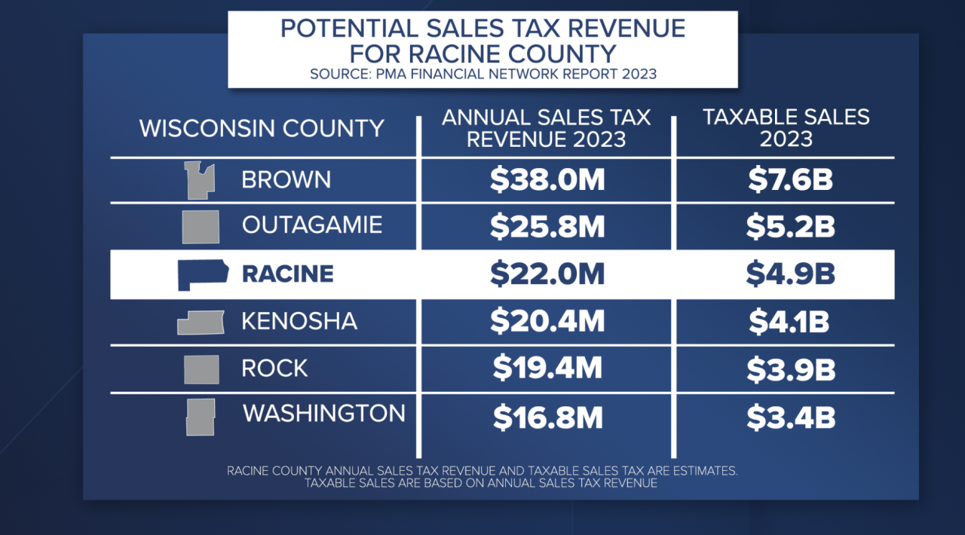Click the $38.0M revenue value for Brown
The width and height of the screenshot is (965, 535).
point(547,180)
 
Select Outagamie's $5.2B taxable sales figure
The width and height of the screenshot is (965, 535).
point(790,226)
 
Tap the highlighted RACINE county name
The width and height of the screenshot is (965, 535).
point(287,274)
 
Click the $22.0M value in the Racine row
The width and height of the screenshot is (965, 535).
point(547,274)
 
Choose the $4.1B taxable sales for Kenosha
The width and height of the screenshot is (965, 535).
point(789,322)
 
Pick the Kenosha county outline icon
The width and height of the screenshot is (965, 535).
point(201,323)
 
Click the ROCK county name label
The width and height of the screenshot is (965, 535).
point(274,368)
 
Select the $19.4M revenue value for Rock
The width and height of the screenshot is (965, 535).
point(547,368)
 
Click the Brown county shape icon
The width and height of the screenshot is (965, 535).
point(200,181)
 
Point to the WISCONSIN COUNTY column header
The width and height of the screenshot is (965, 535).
point(262,128)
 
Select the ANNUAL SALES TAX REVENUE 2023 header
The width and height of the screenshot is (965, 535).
point(546,128)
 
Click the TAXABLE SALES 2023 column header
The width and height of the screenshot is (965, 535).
point(786,128)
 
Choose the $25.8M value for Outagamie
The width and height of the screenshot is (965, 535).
point(547,226)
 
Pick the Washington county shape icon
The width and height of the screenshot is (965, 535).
point(201,417)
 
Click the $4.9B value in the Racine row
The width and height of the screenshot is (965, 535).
point(790,274)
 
